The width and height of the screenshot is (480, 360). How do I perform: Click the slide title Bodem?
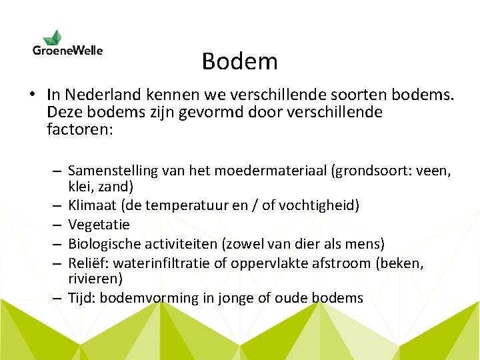[239, 61]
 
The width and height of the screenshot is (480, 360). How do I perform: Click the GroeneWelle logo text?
[67, 50]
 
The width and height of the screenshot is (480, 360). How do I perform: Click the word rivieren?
[95, 278]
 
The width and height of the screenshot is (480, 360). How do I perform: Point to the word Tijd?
[82, 297]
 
